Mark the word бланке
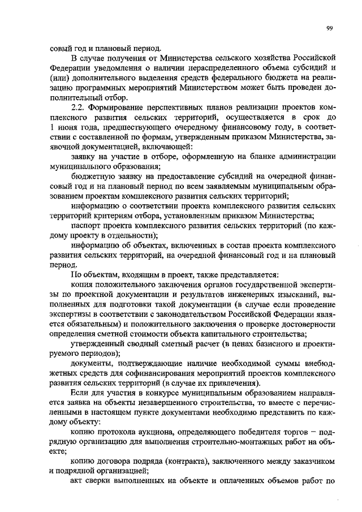pyautogui.click(x=261, y=156)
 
